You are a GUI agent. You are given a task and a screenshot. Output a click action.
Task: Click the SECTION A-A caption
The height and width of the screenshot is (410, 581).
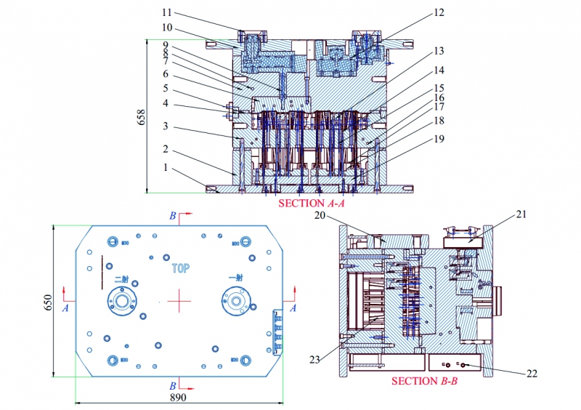[312, 204]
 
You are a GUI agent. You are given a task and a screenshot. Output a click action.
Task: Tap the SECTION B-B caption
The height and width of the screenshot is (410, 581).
[425, 381]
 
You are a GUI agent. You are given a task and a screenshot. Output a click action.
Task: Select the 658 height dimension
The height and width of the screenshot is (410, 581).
[142, 116]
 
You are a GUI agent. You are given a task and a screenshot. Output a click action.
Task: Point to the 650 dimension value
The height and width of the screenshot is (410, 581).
[48, 301]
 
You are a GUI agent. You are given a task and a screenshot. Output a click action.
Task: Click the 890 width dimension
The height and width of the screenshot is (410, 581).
[179, 398]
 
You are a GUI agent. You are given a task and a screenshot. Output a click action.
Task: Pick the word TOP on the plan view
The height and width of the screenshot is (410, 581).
[180, 268]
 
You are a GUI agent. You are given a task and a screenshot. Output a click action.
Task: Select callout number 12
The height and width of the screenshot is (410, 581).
[439, 12]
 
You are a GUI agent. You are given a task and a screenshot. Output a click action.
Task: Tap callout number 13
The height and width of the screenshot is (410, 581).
[439, 51]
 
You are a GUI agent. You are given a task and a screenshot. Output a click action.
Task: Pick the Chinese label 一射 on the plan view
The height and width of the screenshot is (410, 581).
[235, 278]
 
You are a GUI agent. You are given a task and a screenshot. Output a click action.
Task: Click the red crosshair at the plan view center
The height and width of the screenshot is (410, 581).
[179, 300]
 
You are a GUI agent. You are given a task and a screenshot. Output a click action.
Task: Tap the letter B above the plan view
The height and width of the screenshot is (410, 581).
[172, 216]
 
